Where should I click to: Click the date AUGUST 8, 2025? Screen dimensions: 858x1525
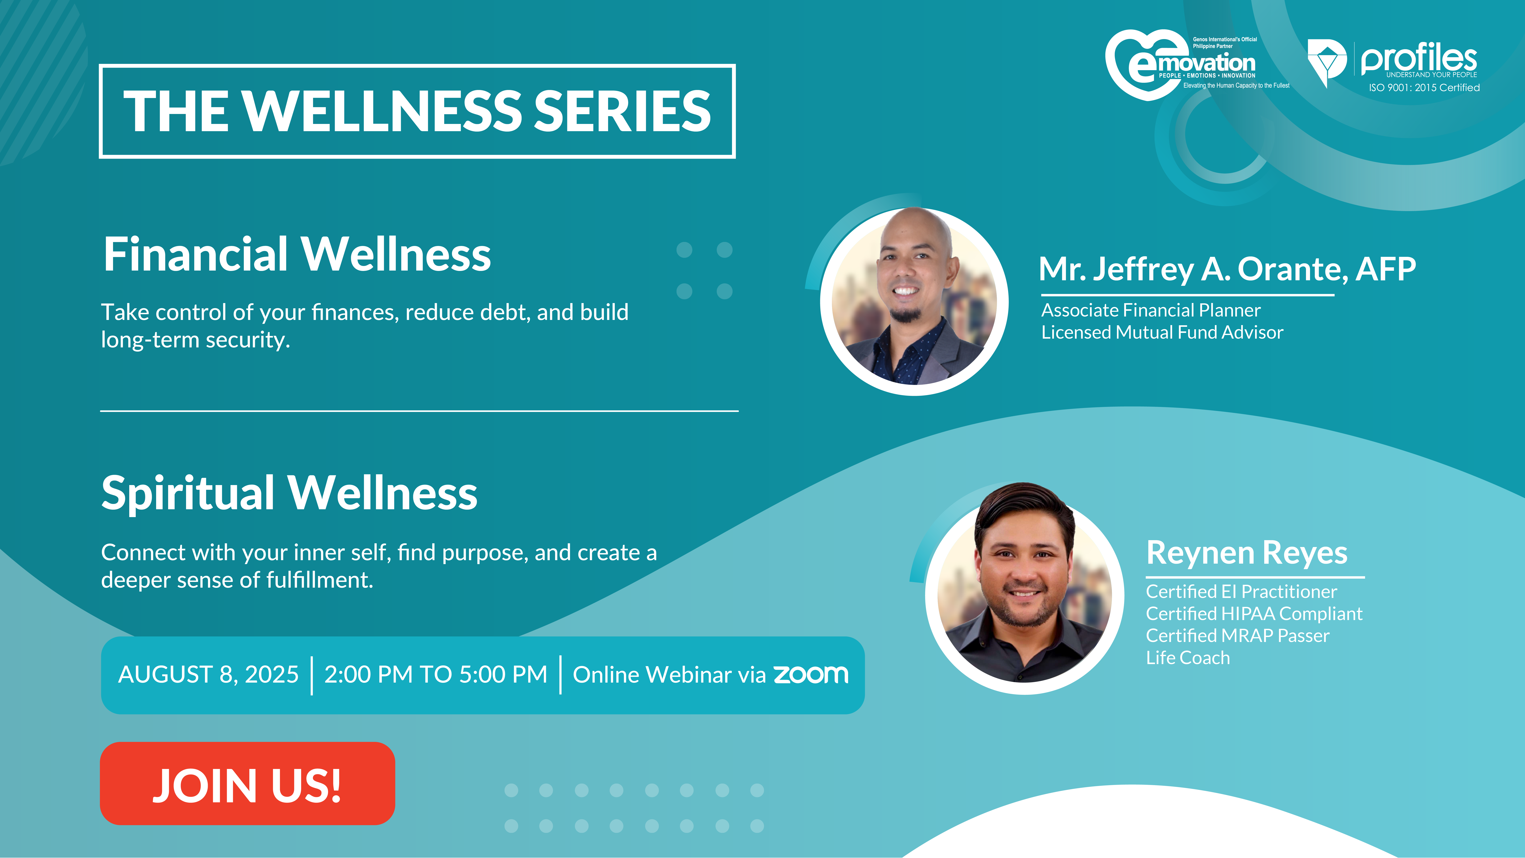coord(208,674)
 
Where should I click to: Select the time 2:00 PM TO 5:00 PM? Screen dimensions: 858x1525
coord(436,674)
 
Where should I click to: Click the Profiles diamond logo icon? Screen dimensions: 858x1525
coord(1326,62)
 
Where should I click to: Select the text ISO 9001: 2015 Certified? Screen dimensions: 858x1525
coord(1424,88)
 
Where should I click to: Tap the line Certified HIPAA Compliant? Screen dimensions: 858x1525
coord(1254,613)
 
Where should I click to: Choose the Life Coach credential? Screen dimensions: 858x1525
coord(1188,658)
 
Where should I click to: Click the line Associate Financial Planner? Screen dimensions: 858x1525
coord(1151,310)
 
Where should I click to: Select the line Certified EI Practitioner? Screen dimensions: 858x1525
coord(1241,591)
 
